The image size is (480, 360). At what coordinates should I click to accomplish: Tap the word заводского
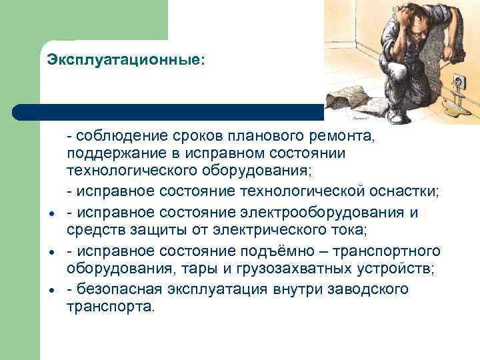coord(366,289)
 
